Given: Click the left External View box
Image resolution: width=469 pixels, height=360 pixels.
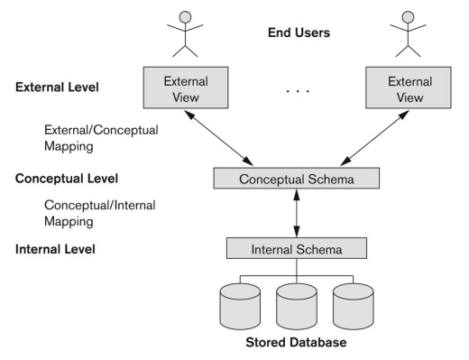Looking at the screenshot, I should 185,88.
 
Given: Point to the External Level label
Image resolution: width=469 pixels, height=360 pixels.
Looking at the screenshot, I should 58,88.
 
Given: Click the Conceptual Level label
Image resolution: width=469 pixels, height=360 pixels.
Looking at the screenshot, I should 67,178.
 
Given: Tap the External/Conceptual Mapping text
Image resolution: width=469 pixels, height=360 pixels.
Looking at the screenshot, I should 99,138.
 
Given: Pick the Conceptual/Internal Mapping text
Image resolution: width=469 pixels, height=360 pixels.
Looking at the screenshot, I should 99,212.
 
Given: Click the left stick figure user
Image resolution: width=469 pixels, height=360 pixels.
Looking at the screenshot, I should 185,32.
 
